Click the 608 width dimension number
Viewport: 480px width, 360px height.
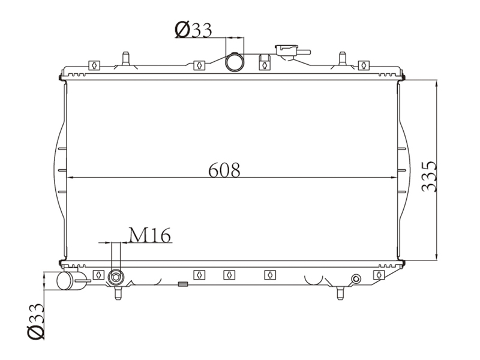224,170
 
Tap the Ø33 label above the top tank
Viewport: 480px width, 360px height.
193,29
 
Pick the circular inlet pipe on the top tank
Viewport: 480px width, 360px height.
235,62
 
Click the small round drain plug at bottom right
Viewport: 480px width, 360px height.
356,278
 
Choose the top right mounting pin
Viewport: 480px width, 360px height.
343,58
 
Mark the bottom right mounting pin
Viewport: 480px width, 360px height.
340,293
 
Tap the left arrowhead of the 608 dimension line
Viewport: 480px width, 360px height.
68,178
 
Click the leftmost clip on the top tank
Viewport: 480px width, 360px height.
93,65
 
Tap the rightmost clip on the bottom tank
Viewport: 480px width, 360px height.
378,275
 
